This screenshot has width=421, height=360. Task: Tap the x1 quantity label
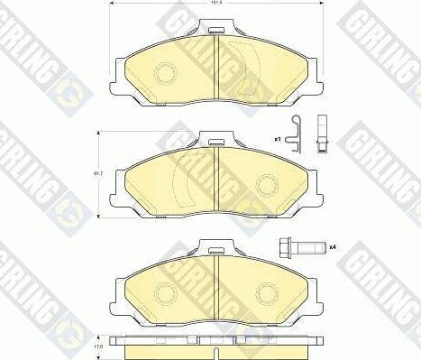tap(279, 139)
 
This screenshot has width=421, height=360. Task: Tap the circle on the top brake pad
tap(166, 74)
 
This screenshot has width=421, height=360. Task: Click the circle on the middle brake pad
tap(266, 184)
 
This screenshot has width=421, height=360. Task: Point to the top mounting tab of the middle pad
tap(216, 141)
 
